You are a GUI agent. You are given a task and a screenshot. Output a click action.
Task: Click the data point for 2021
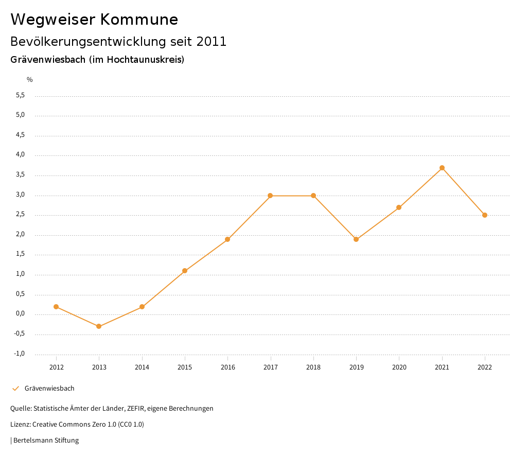pyautogui.click(x=442, y=168)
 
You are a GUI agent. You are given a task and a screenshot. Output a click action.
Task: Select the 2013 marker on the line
pyautogui.click(x=99, y=326)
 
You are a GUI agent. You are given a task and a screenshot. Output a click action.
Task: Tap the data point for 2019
pyautogui.click(x=356, y=239)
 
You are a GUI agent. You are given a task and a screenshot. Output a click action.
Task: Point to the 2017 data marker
pyautogui.click(x=270, y=196)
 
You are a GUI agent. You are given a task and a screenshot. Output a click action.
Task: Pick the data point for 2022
pyautogui.click(x=485, y=215)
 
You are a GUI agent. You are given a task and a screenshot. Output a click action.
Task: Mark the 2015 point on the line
pyautogui.click(x=185, y=271)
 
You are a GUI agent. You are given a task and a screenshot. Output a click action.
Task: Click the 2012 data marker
pyautogui.click(x=56, y=307)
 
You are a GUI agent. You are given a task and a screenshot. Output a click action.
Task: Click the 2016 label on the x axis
pyautogui.click(x=227, y=367)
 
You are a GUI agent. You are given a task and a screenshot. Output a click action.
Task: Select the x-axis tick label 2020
pyautogui.click(x=399, y=367)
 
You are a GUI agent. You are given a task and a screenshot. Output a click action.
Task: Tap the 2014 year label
pyautogui.click(x=142, y=367)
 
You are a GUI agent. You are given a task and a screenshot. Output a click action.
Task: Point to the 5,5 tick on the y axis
pyautogui.click(x=20, y=95)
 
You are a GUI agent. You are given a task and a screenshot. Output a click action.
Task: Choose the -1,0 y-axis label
pyautogui.click(x=20, y=354)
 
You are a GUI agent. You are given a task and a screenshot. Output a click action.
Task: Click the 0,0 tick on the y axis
pyautogui.click(x=20, y=314)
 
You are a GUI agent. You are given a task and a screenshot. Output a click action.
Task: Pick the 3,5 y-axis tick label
pyautogui.click(x=20, y=175)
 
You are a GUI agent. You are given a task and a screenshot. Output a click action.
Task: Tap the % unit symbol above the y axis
pyautogui.click(x=30, y=80)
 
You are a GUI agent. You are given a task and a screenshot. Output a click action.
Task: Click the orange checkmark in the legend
pyautogui.click(x=15, y=389)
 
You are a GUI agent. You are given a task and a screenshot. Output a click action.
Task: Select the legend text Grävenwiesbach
pyautogui.click(x=49, y=389)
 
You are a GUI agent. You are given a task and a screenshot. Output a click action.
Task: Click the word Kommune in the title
pyautogui.click(x=139, y=20)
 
